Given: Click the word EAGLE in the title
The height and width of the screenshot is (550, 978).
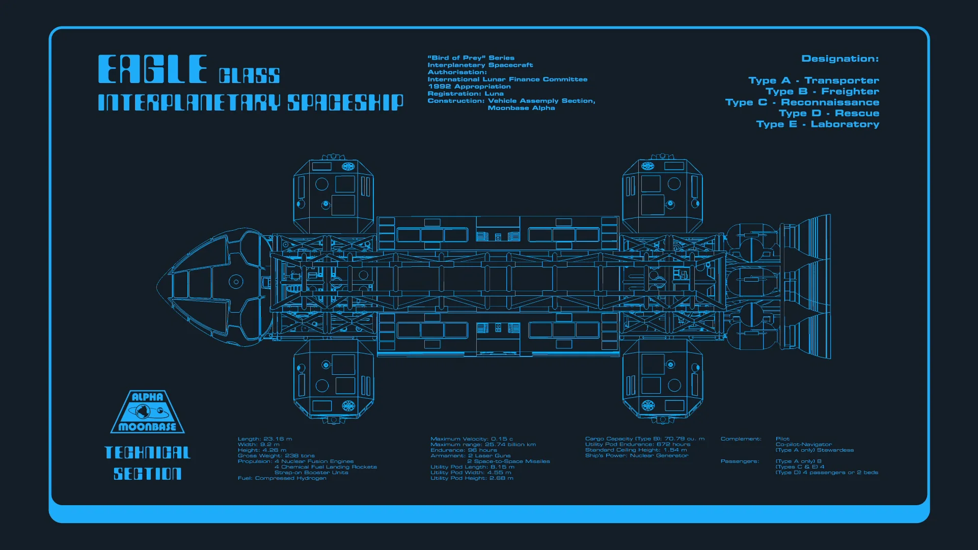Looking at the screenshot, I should click(x=152, y=69).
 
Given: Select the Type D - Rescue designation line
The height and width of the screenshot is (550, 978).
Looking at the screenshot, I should click(x=829, y=113).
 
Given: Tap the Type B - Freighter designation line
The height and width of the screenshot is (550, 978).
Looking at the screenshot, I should click(x=822, y=91).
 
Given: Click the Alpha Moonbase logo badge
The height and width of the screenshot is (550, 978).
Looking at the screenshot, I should click(x=147, y=412).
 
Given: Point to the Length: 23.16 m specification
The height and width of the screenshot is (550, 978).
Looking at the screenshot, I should click(x=265, y=438).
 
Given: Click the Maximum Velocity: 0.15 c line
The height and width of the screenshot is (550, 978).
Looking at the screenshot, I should click(x=472, y=438).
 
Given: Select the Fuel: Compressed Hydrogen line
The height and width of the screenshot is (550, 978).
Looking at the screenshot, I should click(x=282, y=478).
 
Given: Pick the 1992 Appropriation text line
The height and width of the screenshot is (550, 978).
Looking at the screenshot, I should click(x=469, y=87).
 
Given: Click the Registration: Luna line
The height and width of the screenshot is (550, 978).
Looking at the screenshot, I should click(x=466, y=94).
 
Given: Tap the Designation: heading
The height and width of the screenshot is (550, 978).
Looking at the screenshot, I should click(x=840, y=59).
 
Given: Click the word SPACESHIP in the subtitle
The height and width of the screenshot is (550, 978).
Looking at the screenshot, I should click(x=345, y=102).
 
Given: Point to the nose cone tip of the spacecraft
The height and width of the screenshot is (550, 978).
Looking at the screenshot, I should click(x=158, y=287).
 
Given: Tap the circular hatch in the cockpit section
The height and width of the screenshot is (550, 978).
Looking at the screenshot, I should click(x=236, y=282).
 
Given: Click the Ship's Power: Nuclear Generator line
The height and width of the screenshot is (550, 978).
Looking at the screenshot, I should click(x=637, y=455).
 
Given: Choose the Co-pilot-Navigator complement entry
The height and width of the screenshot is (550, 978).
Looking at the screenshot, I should click(x=804, y=444).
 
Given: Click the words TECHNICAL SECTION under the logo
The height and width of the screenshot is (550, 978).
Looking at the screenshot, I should click(x=147, y=463).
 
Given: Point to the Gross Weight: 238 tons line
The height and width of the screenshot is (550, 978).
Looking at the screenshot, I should click(x=276, y=455).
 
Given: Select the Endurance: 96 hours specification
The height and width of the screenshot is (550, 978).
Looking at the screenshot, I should click(x=464, y=450).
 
